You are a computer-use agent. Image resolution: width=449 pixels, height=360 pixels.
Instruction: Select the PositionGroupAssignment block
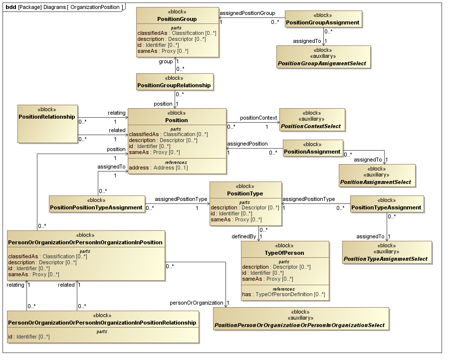pos(323,22)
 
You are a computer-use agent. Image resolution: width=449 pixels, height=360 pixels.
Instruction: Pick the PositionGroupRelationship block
pos(175,85)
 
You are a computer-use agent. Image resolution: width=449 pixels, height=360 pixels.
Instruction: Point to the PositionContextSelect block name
pos(311,126)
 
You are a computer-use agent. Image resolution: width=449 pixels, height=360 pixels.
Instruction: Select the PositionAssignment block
pos(313,151)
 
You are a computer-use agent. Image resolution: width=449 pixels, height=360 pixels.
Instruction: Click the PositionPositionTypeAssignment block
pos(97,207)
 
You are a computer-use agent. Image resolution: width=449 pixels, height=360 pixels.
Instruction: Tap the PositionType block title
pos(245,193)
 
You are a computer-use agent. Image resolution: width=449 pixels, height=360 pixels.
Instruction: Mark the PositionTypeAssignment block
pos(387,207)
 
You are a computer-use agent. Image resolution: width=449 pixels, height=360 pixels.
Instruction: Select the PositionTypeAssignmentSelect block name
pos(385,259)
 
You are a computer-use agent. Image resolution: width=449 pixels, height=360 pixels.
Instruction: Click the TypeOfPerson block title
pos(284,253)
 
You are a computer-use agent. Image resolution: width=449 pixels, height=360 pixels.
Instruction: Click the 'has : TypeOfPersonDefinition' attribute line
pos(283,294)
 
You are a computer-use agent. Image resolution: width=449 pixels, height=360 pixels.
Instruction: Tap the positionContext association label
pos(258,118)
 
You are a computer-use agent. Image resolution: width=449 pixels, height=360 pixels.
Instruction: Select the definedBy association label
pos(243,236)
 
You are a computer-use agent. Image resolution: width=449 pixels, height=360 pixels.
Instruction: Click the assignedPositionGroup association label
pos(247,12)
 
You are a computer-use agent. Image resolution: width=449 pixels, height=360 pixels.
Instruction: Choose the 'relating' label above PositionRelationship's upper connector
pos(117,113)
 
